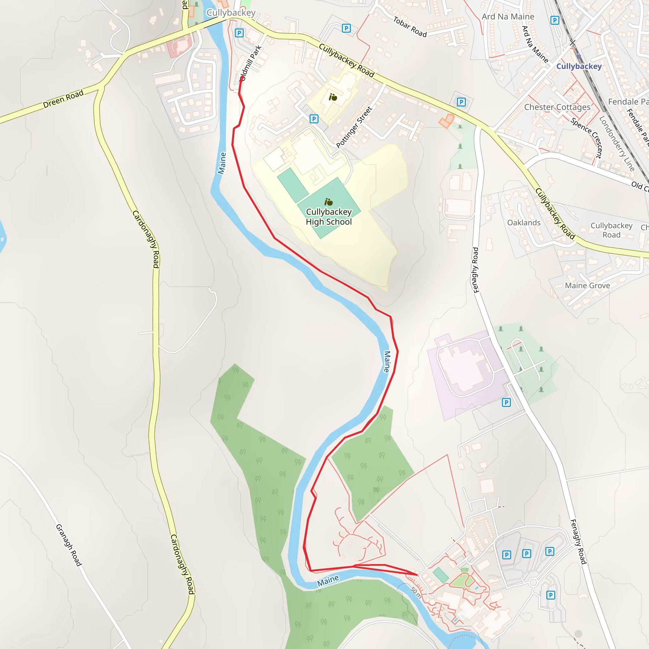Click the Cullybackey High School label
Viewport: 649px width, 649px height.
click(329, 217)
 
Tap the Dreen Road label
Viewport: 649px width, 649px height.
click(63, 99)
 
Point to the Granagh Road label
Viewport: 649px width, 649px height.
click(68, 545)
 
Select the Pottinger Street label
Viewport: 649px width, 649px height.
click(354, 127)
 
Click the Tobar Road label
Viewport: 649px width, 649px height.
click(410, 27)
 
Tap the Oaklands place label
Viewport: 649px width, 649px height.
click(524, 223)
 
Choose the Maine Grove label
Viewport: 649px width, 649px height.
click(587, 286)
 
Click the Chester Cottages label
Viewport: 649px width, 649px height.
click(557, 107)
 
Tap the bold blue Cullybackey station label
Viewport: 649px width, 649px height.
click(579, 66)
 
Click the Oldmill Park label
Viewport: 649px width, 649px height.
click(251, 63)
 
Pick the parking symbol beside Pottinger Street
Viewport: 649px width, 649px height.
click(314, 119)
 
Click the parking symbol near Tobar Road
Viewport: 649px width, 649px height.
click(346, 28)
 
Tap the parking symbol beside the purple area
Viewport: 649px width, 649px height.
click(506, 402)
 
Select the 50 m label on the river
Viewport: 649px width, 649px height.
click(416, 592)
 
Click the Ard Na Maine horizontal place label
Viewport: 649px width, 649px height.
click(508, 17)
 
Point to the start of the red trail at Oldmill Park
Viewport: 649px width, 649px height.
click(242, 78)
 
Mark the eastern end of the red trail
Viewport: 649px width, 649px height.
click(417, 575)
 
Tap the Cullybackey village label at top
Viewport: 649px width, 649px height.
click(231, 13)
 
